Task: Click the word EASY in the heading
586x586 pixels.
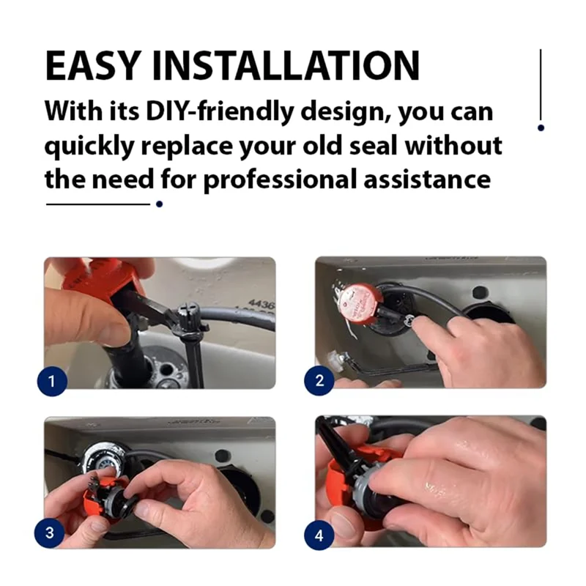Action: pos(93,65)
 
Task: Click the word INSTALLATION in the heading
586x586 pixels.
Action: pos(286,65)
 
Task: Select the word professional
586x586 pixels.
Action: pos(280,180)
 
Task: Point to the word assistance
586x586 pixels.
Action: pos(427,179)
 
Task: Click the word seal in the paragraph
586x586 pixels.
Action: pos(372,145)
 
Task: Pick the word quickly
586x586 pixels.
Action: pos(89,146)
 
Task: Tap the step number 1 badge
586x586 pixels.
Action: pos(52,381)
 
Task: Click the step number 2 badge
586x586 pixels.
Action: pos(319,380)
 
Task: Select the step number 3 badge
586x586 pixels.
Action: pos(49,533)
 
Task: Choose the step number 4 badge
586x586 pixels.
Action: pos(319,535)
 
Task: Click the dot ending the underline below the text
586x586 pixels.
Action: pos(159,204)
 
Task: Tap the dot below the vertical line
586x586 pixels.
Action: pos(541,127)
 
